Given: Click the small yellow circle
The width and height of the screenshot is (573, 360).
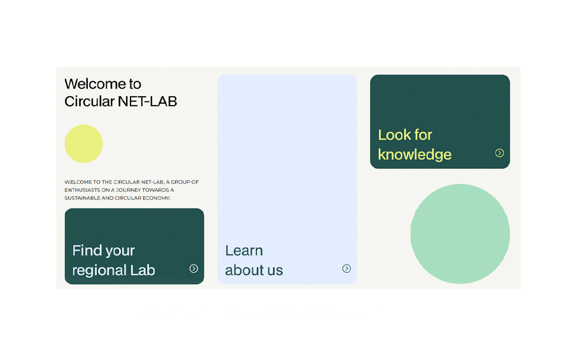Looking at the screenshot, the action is [x=83, y=144].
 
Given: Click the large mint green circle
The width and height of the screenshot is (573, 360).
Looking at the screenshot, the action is [x=460, y=234].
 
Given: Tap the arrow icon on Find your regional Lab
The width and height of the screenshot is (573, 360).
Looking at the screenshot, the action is [x=194, y=268].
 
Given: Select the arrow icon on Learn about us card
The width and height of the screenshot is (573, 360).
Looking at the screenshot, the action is [x=346, y=268].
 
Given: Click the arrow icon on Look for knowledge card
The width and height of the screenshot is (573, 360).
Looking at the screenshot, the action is [x=500, y=153].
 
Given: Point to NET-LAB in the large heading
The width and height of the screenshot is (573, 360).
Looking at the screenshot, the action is [x=148, y=101].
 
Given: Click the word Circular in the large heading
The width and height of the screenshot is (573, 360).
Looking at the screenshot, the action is [x=90, y=101].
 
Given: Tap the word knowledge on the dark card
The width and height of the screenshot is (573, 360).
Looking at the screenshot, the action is [x=414, y=155].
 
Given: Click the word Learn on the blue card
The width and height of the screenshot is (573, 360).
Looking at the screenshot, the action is [x=244, y=250].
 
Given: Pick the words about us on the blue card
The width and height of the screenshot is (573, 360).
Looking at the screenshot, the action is [x=254, y=270].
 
